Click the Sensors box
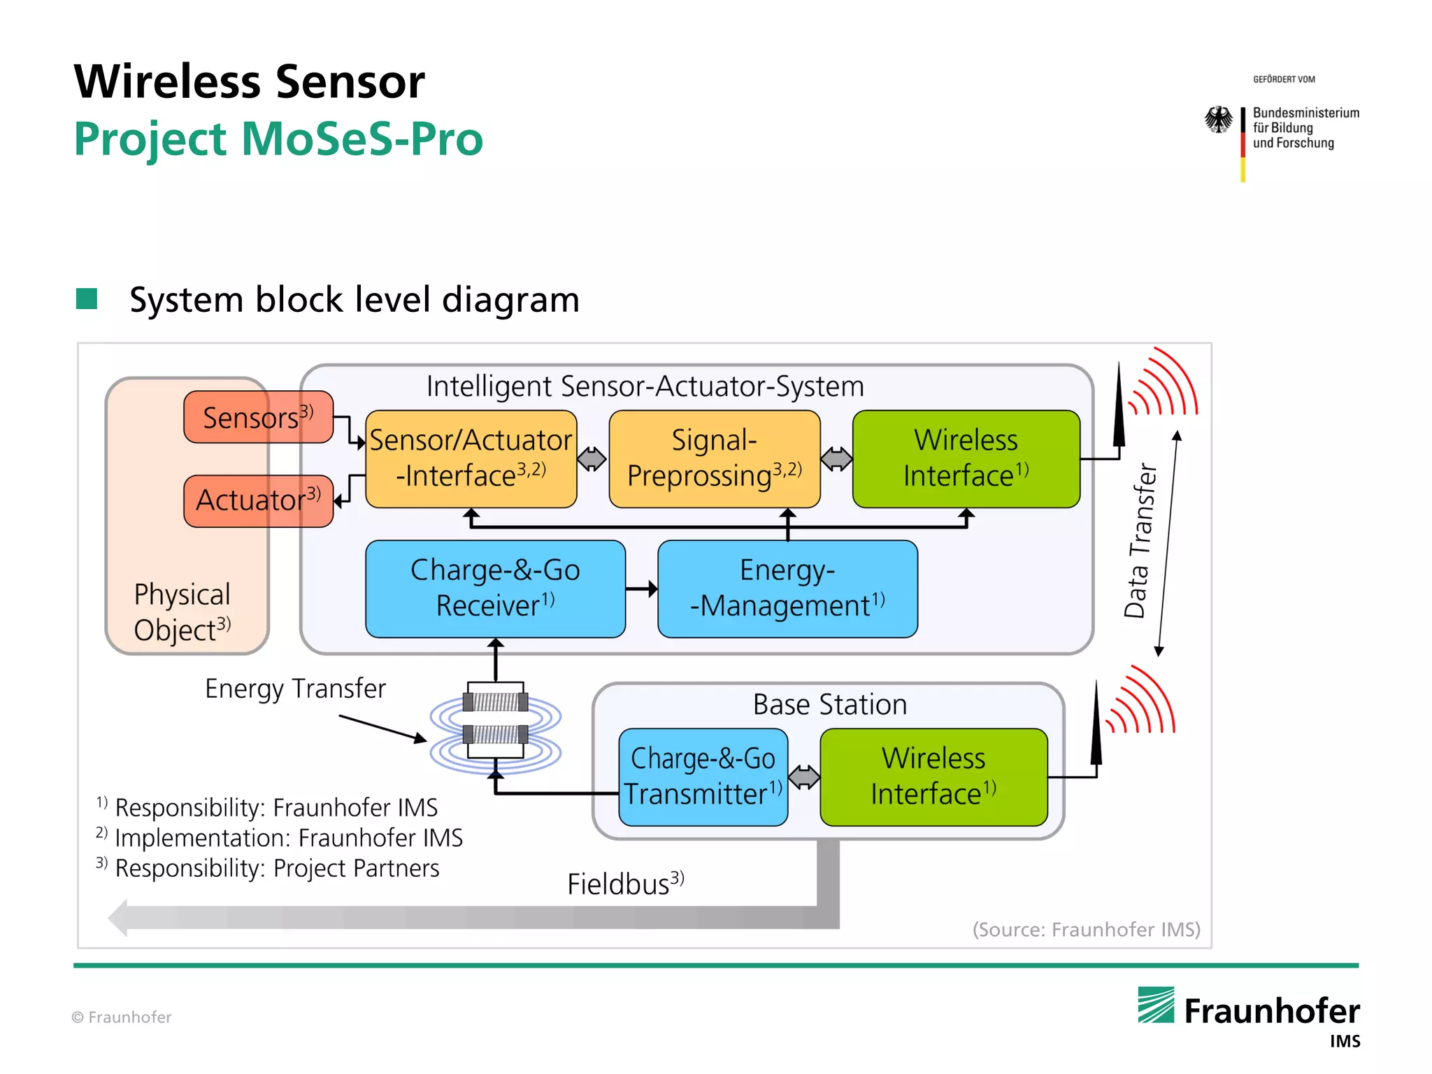click(x=258, y=417)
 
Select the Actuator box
click(x=258, y=500)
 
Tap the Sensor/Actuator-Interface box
click(x=471, y=458)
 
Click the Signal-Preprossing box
click(x=714, y=458)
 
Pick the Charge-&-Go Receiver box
click(x=495, y=588)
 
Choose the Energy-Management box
click(x=787, y=588)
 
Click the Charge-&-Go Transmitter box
click(x=703, y=777)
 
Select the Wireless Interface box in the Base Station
click(x=933, y=777)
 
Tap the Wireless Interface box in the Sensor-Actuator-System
click(x=966, y=458)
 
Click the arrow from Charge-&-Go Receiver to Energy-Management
click(x=641, y=589)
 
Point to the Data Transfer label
click(x=1139, y=540)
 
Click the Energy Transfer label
click(x=295, y=689)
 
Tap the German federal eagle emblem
click(x=1219, y=120)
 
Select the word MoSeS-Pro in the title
click(x=361, y=138)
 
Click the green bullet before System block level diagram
click(x=87, y=299)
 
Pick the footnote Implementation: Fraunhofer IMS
click(x=287, y=838)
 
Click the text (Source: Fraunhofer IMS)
click(x=1086, y=929)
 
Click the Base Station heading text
click(x=829, y=704)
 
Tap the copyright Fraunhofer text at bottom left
click(x=122, y=1017)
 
